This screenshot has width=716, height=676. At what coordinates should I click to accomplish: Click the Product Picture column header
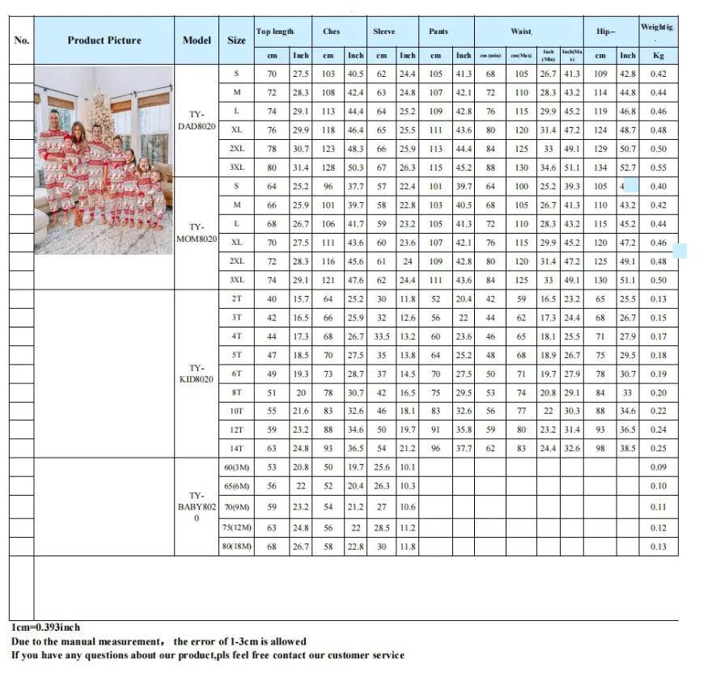pos(104,40)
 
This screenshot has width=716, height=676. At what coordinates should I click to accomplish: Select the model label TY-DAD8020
pos(197,121)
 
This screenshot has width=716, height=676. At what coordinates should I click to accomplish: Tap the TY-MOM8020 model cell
pos(197,233)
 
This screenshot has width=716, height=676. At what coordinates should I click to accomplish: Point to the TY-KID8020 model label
pos(197,374)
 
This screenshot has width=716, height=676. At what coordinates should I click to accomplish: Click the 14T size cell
pos(236,448)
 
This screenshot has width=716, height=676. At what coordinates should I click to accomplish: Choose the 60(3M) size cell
pos(236,467)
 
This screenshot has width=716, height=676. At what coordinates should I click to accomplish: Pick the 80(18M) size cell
pos(236,547)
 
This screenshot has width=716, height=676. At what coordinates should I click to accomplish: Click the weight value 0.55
pos(659,167)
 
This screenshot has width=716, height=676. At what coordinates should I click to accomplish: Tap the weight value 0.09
pos(659,467)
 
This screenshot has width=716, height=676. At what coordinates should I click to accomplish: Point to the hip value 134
pos(600,167)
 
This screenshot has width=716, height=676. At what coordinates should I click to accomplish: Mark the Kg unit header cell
pos(659,56)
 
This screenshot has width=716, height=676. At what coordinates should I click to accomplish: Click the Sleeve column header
pos(383,32)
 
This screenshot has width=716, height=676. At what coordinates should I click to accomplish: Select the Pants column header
pos(438,32)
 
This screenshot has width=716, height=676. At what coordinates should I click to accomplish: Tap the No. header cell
pos(22,40)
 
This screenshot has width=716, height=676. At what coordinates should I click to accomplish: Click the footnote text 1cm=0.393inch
pos(46,627)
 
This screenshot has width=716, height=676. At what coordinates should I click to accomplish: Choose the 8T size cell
pos(236,392)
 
